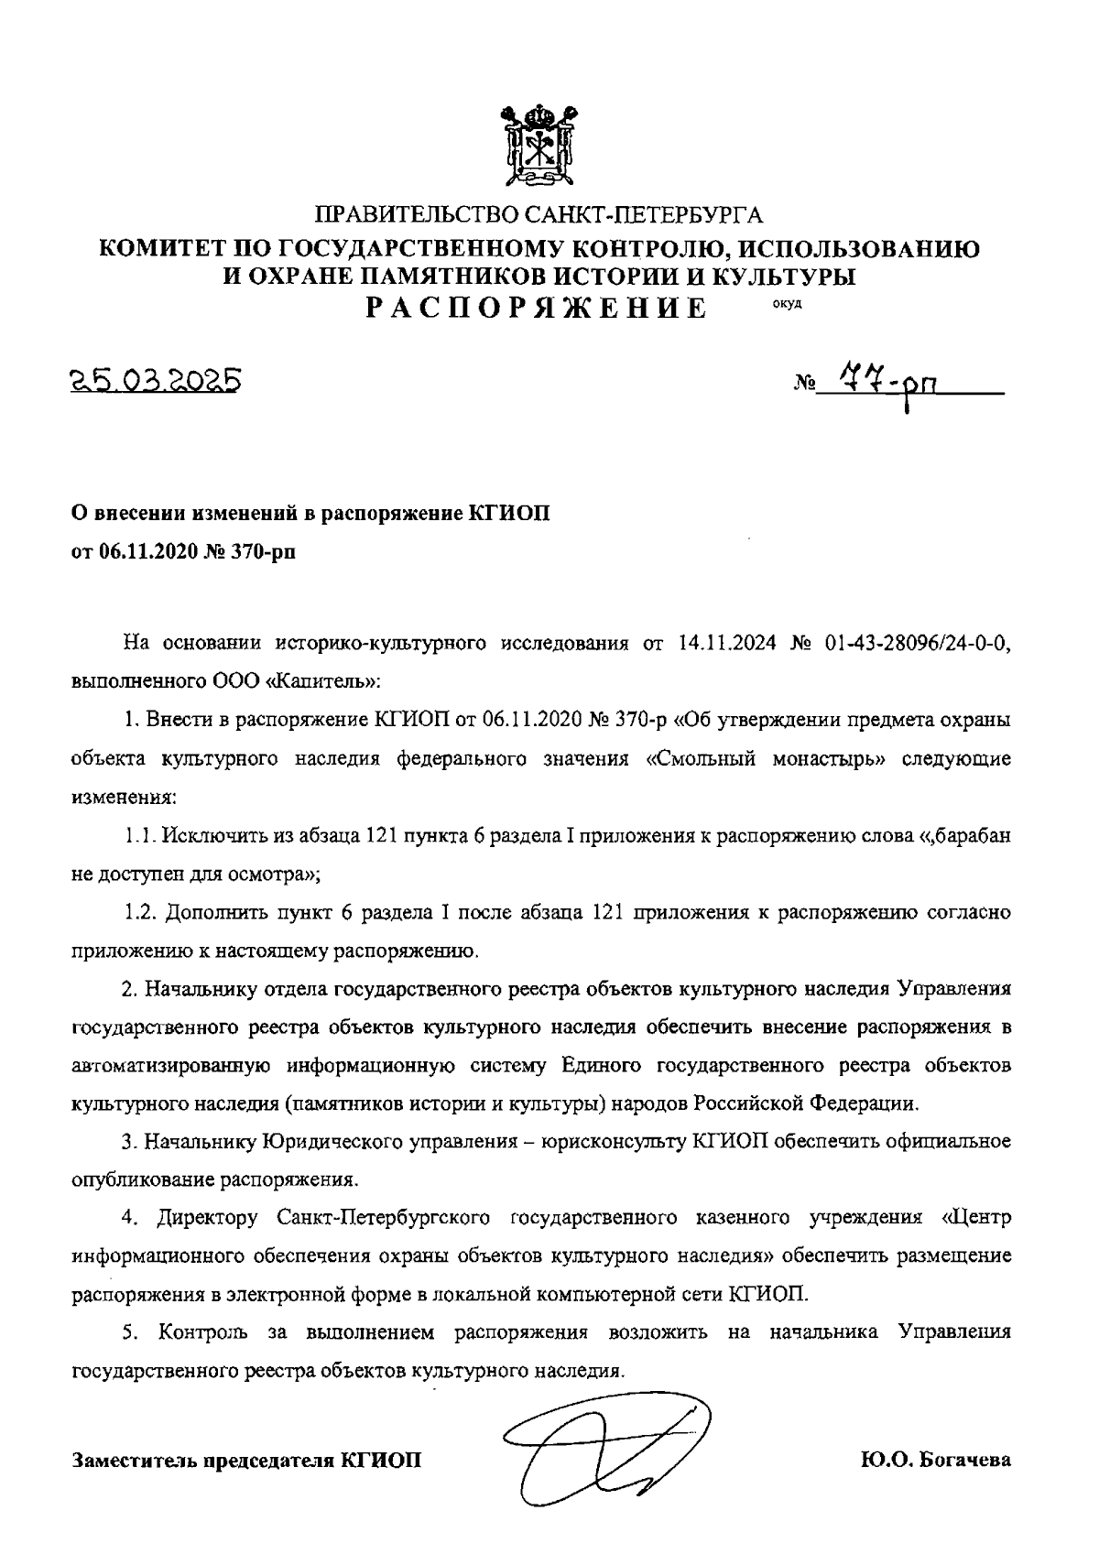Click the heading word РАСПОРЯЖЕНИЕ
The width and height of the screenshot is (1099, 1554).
coord(537,307)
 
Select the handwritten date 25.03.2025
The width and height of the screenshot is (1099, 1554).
coord(157,379)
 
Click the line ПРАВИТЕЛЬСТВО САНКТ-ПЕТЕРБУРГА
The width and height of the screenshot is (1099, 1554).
coord(539,216)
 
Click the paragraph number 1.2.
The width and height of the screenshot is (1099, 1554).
coord(141,912)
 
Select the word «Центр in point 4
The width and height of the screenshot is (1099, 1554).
coord(976,1218)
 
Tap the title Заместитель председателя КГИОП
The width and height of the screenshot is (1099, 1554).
coord(247,1460)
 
